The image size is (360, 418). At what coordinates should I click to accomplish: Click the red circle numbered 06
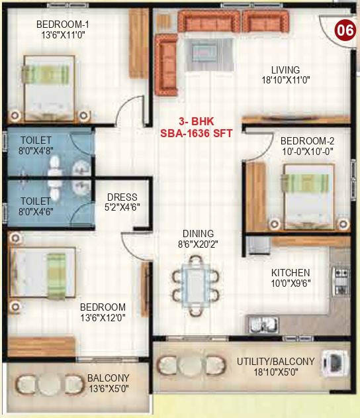[x=343, y=30]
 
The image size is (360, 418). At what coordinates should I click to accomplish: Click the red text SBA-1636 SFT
[x=196, y=132]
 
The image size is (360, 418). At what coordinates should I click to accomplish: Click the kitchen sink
[x=263, y=325]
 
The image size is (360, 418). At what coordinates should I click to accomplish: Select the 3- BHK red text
[x=196, y=122]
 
